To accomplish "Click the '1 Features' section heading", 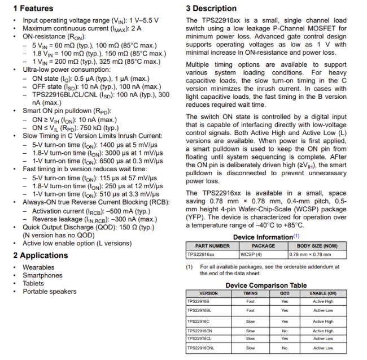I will click(33, 8).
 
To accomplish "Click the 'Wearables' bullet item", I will click(38, 267).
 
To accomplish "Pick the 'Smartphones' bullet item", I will click(42, 275).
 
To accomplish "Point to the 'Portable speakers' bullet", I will click(49, 292).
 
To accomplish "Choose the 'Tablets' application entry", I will click(33, 284).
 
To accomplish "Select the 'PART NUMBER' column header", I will click(212, 246).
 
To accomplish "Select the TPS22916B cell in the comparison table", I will click(198, 302).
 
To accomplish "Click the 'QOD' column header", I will click(285, 294).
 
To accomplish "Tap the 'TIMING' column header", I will click(251, 294).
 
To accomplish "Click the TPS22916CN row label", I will click(199, 331).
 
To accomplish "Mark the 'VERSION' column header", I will click(209, 294).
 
